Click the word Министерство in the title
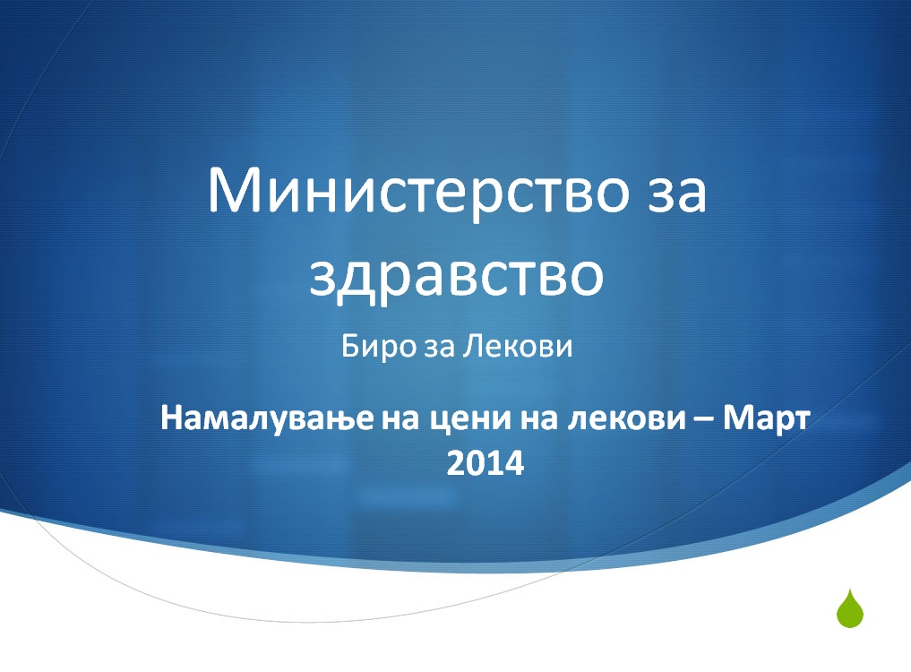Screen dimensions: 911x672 click(418, 190)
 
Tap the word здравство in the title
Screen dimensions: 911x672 click(457, 276)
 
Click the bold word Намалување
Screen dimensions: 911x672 click(267, 418)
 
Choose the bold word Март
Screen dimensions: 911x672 click(766, 419)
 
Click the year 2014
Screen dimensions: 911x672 click(486, 463)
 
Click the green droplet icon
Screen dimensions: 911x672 click(849, 608)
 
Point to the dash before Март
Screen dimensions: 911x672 click(704, 420)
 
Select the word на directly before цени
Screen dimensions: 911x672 click(401, 420)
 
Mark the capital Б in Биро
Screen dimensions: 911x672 click(350, 347)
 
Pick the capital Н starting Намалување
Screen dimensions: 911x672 click(174, 418)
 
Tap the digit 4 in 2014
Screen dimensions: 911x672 click(514, 463)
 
